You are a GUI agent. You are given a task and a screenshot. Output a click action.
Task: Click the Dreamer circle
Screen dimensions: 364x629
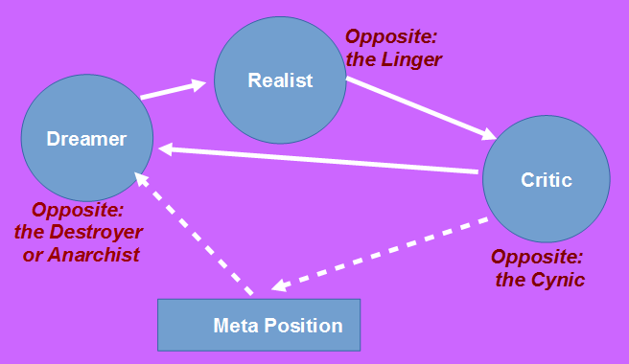tap(87, 139)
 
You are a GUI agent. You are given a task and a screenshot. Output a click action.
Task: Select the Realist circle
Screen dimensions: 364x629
tap(280, 80)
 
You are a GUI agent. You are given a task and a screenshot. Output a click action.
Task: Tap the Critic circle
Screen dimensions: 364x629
tap(546, 180)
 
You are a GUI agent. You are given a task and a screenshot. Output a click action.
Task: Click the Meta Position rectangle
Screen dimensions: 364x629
tap(259, 326)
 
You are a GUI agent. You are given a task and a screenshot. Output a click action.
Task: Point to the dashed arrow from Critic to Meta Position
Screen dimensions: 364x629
tap(384, 255)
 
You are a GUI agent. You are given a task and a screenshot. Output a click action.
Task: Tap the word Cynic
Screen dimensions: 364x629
tap(556, 280)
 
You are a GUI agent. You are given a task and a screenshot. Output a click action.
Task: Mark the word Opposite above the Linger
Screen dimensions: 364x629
tap(390, 36)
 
